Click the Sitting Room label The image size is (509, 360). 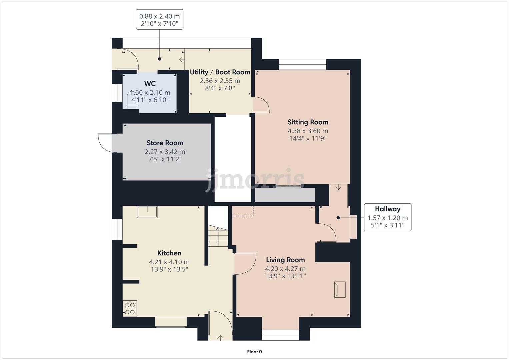(308, 122)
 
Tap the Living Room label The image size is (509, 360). (285, 260)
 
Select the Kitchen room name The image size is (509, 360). (169, 253)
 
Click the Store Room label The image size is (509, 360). (165, 143)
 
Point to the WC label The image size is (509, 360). (150, 84)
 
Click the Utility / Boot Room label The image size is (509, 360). (220, 72)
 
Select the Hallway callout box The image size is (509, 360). (387, 217)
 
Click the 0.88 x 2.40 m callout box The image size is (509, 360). (159, 20)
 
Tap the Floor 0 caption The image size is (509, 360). (254, 352)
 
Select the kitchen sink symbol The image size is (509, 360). (147, 212)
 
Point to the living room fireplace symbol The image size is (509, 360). (340, 289)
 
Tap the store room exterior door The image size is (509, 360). (107, 143)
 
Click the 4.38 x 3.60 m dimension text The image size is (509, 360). (308, 131)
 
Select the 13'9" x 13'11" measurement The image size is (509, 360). (285, 276)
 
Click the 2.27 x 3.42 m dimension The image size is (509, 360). (165, 152)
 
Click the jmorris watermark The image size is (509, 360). (255, 180)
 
